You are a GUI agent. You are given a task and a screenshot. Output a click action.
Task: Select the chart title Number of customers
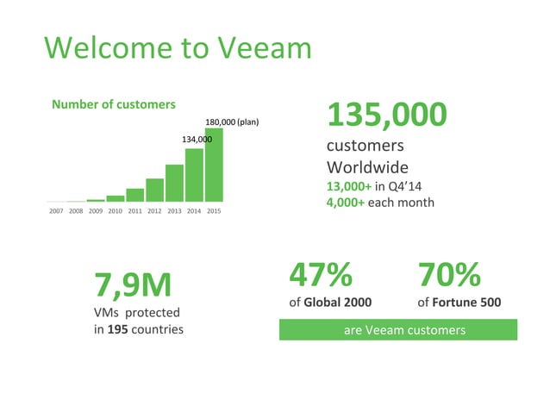114,104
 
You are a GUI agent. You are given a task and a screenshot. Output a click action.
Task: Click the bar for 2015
214,165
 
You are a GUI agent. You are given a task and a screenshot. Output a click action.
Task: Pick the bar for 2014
194,175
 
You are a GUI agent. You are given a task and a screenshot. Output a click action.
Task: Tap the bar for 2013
174,183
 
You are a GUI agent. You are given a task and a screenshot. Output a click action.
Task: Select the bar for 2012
154,190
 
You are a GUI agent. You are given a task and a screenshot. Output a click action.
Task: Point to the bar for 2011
134,195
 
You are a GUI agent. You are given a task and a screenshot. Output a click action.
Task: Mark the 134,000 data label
197,138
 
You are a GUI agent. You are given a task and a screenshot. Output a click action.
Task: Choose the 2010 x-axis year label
116,210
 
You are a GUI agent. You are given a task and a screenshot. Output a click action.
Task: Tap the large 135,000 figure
387,113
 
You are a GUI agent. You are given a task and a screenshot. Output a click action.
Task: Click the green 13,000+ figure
350,185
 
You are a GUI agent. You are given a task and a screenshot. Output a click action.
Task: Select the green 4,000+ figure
346,203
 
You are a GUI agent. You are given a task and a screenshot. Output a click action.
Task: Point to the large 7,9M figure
133,283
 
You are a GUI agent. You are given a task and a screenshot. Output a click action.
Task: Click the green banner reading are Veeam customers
397,330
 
